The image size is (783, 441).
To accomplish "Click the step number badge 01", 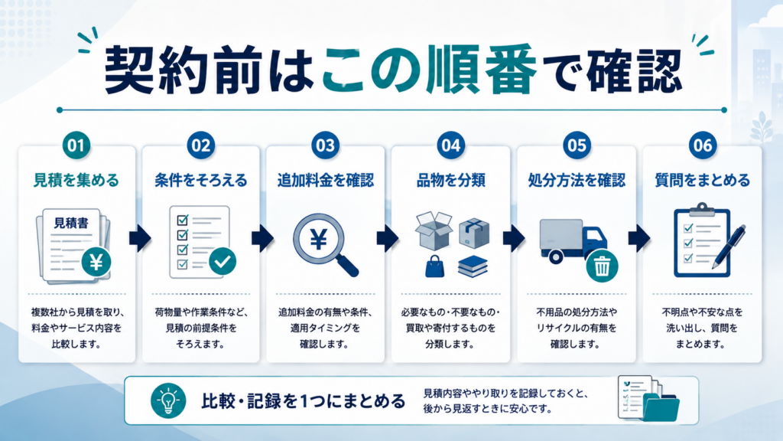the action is click(76, 145).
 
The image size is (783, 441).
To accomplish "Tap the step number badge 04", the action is click(450, 145).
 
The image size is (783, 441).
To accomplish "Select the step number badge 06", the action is click(702, 145).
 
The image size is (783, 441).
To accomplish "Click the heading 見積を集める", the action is click(76, 180).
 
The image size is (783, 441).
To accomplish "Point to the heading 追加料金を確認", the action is click(326, 180).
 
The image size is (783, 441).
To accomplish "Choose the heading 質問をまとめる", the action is click(702, 180).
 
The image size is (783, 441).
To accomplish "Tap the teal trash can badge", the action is click(602, 266).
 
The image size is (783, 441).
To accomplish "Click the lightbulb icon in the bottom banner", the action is click(168, 400).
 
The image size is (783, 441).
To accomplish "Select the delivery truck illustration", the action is click(573, 241).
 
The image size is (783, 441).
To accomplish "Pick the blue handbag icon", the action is click(434, 266).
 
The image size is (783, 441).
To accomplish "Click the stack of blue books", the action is click(473, 266).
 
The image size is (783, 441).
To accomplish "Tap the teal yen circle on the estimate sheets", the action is click(96, 262).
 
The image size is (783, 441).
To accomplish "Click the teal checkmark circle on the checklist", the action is click(223, 261).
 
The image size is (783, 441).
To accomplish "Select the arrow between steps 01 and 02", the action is click(140, 239).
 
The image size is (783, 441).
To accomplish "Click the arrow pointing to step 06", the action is click(639, 239).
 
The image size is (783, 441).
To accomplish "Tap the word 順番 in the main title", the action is click(482, 70).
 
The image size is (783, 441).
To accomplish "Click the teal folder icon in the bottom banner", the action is click(661, 407).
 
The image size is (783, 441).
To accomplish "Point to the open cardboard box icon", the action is click(434, 230).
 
